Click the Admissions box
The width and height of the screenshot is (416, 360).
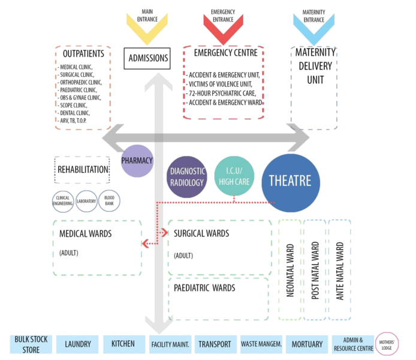[x=146, y=58]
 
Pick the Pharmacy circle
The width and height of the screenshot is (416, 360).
[x=137, y=161]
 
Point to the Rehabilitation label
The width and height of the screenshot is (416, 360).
[x=83, y=170]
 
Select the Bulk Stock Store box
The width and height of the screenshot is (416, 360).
[x=26, y=344]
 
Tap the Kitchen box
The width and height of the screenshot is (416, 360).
[x=123, y=344]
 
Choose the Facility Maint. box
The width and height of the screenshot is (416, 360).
[x=171, y=344]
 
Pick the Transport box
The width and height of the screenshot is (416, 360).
[x=215, y=344]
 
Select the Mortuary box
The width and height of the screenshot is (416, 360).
[x=306, y=344]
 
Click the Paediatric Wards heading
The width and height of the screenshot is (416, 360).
[x=204, y=288]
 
